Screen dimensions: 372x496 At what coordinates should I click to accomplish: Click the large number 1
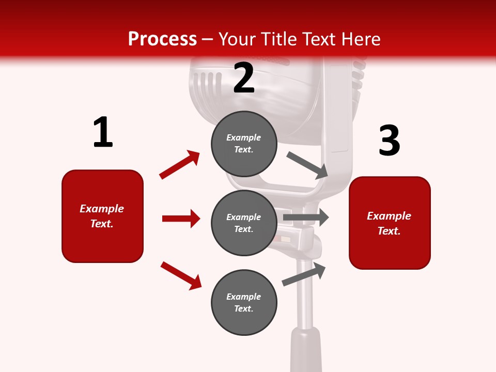pyautogui.click(x=103, y=133)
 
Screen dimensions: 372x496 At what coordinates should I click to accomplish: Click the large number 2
pyautogui.click(x=244, y=78)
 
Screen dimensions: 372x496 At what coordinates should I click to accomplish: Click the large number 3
pyautogui.click(x=390, y=141)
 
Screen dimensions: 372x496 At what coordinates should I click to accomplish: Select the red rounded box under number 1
pyautogui.click(x=102, y=216)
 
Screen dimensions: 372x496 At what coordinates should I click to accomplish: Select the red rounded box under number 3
pyautogui.click(x=390, y=223)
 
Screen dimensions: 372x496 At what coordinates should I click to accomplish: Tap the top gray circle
pyautogui.click(x=244, y=144)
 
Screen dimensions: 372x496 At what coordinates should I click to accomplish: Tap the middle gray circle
pyautogui.click(x=244, y=223)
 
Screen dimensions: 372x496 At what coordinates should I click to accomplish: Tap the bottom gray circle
pyautogui.click(x=244, y=303)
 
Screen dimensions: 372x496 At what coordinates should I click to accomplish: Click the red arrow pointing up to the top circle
pyautogui.click(x=180, y=164)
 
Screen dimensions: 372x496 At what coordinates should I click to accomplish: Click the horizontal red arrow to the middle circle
pyautogui.click(x=181, y=219)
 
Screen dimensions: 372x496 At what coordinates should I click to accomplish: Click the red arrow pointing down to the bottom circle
pyautogui.click(x=181, y=275)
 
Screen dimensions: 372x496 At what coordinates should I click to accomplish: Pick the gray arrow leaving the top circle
pyautogui.click(x=307, y=165)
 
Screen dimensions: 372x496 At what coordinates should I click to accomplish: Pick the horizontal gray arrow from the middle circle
pyautogui.click(x=306, y=218)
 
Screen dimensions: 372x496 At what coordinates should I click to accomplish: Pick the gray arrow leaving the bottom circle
pyautogui.click(x=304, y=274)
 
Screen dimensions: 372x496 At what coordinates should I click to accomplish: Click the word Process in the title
pyautogui.click(x=162, y=39)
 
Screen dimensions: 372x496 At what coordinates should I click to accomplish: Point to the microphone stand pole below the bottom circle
pyautogui.click(x=305, y=300)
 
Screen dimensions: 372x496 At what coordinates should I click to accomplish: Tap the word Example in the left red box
pyautogui.click(x=102, y=209)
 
